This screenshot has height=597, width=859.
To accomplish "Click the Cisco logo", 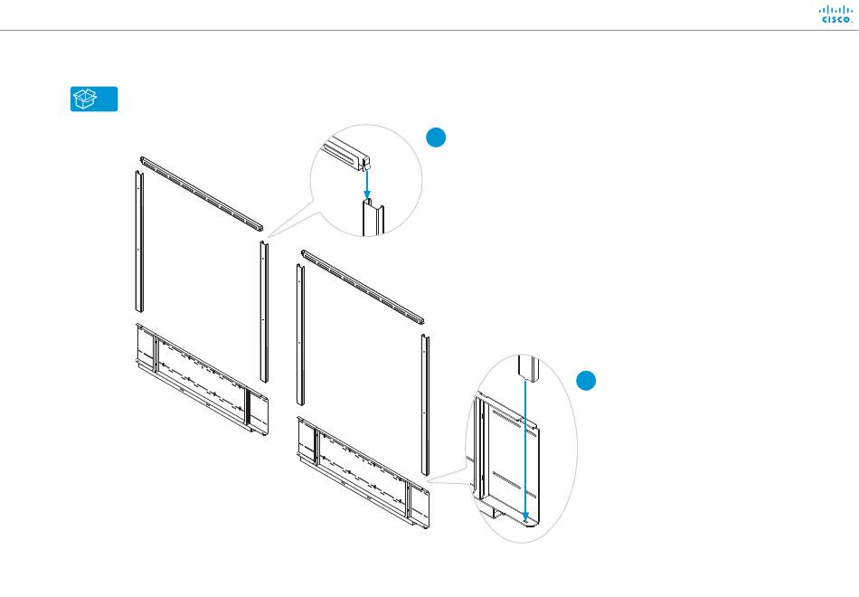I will [x=835, y=14].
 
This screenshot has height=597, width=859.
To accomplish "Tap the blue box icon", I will [x=94, y=99].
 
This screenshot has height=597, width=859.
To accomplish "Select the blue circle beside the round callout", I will [x=436, y=137].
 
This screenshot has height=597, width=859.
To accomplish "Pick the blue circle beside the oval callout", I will [x=586, y=381].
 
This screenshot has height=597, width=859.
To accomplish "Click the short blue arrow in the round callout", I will [x=367, y=184].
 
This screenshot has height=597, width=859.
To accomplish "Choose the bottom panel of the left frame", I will [x=202, y=380].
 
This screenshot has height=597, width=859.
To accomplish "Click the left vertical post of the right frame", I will [x=299, y=335].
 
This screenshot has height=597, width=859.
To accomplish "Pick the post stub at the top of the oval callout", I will [x=527, y=367].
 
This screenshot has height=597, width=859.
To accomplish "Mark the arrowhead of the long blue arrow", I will [x=525, y=519].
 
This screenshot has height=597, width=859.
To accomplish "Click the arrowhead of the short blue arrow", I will [x=367, y=194].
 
